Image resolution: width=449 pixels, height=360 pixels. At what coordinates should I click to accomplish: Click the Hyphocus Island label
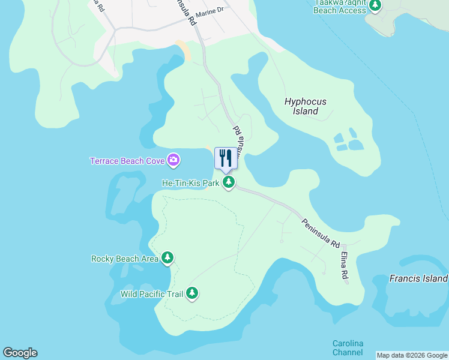306,106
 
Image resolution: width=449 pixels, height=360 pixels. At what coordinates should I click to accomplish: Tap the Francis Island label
418,278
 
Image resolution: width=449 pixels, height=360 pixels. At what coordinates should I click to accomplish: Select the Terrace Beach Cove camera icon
173,160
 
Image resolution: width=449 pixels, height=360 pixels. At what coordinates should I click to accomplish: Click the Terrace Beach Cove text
127,161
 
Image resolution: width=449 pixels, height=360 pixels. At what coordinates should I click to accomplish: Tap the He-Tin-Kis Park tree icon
228,182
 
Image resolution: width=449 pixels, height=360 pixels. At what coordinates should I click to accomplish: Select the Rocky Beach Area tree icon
167,259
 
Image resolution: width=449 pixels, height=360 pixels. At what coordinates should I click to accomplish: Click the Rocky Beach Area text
125,259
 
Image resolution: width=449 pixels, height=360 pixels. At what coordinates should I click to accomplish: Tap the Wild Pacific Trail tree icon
192,293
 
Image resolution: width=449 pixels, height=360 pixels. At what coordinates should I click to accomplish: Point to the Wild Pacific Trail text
152,294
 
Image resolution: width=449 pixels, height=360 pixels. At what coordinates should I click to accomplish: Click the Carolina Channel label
348,348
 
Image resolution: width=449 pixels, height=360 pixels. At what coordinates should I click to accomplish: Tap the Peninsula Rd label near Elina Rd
321,233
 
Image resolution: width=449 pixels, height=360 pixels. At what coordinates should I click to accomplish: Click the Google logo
20,353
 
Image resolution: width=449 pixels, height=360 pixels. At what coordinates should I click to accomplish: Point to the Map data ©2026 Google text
412,355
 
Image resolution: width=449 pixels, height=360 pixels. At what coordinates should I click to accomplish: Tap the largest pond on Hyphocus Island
356,145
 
